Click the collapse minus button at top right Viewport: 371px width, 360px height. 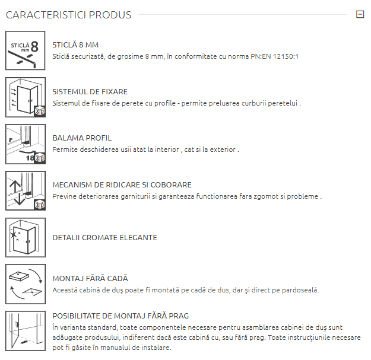point(360,14)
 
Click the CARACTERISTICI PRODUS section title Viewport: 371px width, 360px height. point(68,15)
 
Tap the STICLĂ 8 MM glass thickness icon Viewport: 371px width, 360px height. point(26,50)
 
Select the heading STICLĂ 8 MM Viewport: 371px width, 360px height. point(75,44)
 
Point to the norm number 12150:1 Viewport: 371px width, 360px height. point(286,56)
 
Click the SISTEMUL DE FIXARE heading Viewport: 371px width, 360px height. point(90,91)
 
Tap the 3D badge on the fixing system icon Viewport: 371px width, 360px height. point(40,111)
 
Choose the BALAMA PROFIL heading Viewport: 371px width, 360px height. point(82,138)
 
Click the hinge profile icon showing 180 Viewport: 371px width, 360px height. point(26,144)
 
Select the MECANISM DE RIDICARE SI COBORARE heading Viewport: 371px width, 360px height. point(122,184)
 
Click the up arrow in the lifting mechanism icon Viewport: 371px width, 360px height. point(15,186)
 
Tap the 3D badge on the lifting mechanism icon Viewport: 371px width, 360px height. point(40,205)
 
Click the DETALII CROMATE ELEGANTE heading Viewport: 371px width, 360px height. point(105,238)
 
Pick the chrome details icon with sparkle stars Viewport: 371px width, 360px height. point(26,237)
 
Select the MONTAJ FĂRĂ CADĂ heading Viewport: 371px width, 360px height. point(90,278)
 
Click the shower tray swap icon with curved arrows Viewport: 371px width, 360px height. point(26,284)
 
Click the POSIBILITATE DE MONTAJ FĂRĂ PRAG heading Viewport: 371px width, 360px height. point(121,316)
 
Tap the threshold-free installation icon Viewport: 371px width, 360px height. point(26,331)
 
